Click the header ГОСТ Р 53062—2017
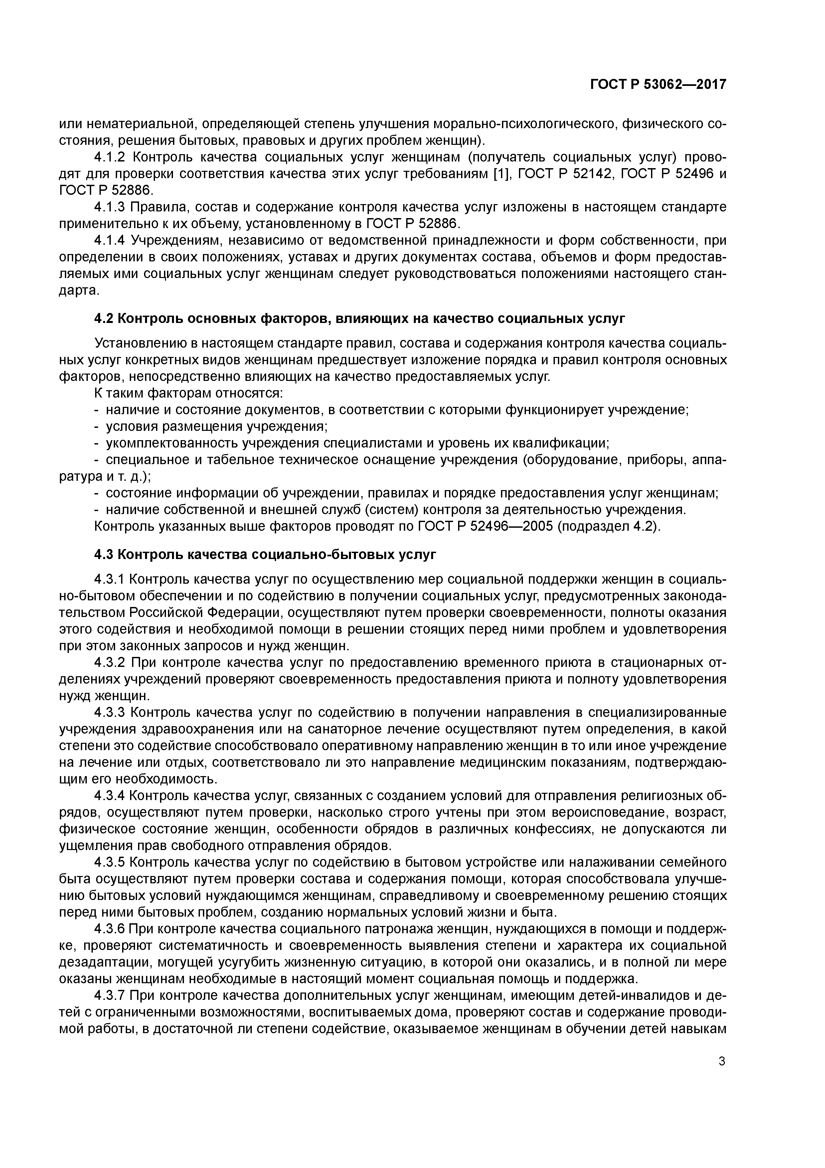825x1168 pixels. [x=658, y=85]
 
